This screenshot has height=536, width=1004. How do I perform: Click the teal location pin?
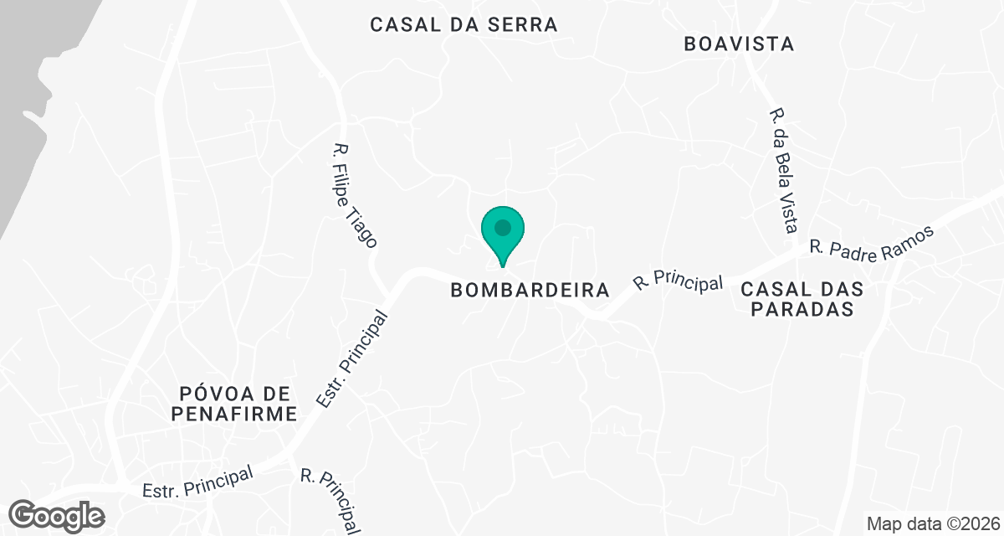(503, 234)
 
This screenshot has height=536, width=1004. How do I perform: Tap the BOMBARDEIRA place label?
(530, 291)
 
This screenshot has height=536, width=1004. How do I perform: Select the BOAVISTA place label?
(738, 44)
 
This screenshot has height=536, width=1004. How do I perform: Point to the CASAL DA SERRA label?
(464, 24)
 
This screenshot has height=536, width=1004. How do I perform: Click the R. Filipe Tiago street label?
(355, 195)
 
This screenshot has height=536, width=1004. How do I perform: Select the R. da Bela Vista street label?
(784, 170)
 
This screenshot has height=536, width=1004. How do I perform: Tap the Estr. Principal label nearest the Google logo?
(197, 482)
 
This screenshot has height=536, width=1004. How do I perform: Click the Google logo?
(58, 515)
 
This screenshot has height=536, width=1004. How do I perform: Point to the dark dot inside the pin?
(503, 227)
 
